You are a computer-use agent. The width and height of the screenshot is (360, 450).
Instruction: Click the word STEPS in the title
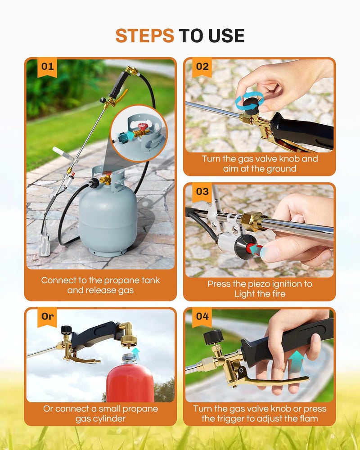(144, 36)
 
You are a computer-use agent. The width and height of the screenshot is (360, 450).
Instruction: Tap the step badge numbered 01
(47, 67)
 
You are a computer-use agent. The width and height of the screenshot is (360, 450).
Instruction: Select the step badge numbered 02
(202, 67)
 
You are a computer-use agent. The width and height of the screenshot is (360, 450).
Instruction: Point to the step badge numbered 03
(202, 191)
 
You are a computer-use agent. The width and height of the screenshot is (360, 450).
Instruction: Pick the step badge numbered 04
(202, 316)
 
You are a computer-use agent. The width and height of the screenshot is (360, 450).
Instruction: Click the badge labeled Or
(47, 316)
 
